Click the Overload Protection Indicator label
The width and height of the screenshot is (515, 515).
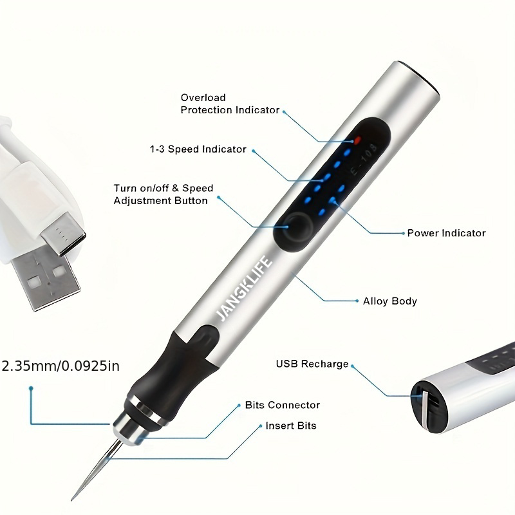pyautogui.click(x=230, y=104)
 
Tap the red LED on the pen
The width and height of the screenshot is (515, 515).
pyautogui.click(x=355, y=139)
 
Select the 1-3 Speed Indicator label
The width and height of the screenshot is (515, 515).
pyautogui.click(x=198, y=149)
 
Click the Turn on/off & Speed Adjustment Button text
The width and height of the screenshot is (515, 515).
pyautogui.click(x=163, y=194)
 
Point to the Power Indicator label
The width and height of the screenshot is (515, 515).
pyautogui.click(x=446, y=233)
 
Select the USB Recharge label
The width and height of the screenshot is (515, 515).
pyautogui.click(x=312, y=364)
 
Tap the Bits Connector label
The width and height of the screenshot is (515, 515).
pyautogui.click(x=282, y=406)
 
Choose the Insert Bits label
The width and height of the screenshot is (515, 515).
pyautogui.click(x=291, y=426)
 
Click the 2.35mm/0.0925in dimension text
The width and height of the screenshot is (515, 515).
pyautogui.click(x=62, y=366)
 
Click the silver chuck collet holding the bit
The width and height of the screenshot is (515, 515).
pyautogui.click(x=129, y=426)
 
